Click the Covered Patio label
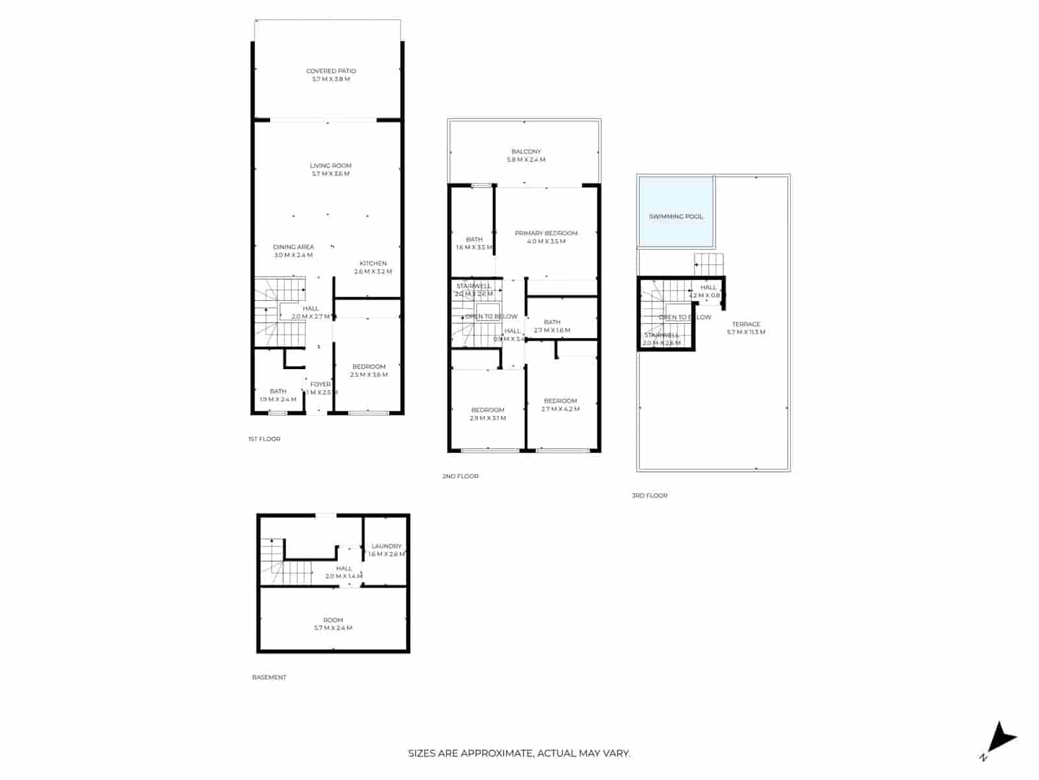point(331,71)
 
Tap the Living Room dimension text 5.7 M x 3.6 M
point(331,174)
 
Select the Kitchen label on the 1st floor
point(373,264)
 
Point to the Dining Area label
point(294,247)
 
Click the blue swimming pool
point(676,213)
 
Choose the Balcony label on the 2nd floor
point(526,152)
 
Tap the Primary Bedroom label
point(546,233)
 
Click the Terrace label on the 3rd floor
point(746,324)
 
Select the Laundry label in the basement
point(386,547)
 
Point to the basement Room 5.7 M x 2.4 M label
point(333,624)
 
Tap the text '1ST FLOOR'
point(264,439)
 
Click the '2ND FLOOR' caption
point(460,476)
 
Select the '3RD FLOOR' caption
point(649,496)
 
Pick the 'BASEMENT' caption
point(269,677)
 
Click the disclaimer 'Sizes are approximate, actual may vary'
point(519,754)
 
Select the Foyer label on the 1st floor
point(320,385)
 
